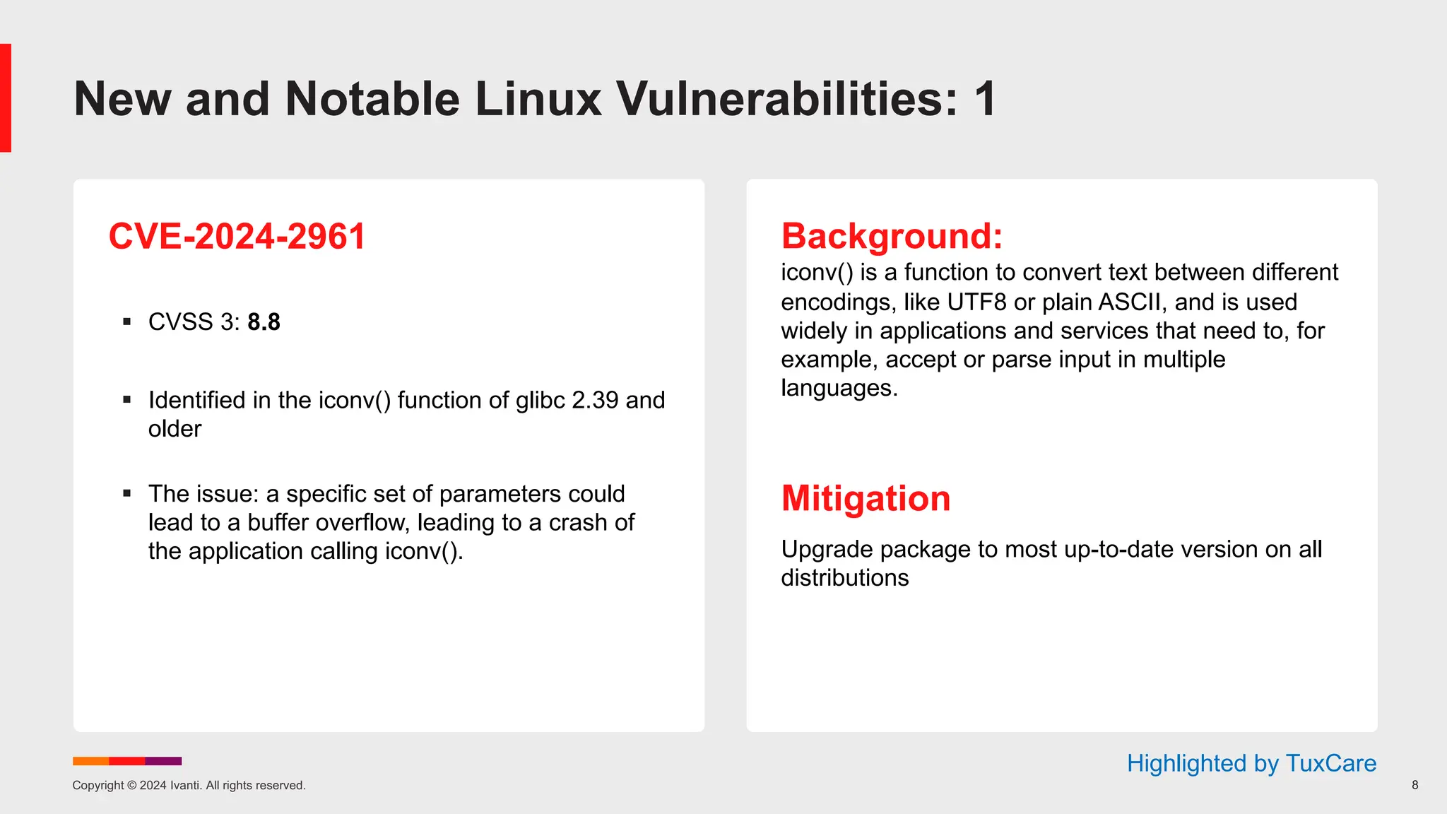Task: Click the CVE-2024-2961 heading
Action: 237,236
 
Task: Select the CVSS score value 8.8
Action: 264,322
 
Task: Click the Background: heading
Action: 892,236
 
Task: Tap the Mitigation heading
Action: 866,498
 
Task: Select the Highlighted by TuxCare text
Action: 1251,763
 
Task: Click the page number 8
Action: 1414,785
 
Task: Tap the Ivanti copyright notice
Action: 189,785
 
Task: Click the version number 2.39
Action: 595,401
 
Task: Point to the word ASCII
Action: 1128,302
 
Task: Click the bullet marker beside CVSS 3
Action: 127,322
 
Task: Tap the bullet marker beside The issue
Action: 127,493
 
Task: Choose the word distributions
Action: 844,578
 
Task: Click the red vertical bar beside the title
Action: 6,98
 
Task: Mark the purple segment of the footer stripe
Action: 163,761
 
